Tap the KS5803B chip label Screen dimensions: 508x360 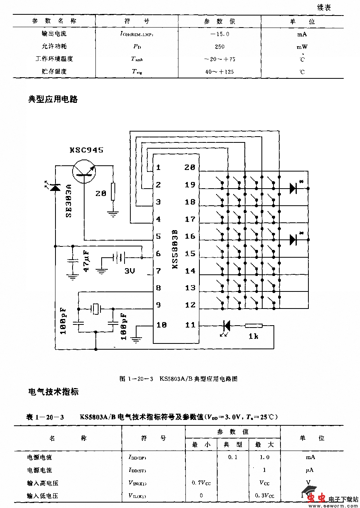point(175,249)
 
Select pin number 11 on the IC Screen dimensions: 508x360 point(190,325)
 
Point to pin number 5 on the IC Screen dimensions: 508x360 point(158,236)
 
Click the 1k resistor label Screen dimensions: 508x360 point(253,336)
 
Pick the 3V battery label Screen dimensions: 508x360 point(129,271)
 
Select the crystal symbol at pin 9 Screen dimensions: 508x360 point(96,309)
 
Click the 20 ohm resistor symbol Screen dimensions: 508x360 point(113,192)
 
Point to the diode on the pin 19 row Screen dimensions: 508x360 point(293,188)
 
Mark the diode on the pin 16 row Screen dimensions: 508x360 point(293,239)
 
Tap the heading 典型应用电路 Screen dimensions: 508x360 point(53,99)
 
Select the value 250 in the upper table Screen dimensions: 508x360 point(220,47)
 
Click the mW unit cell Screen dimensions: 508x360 point(302,47)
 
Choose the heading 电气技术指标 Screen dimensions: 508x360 point(53,392)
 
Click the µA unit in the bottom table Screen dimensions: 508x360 point(309,470)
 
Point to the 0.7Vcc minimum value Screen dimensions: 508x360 point(201,483)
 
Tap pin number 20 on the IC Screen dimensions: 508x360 point(190,167)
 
